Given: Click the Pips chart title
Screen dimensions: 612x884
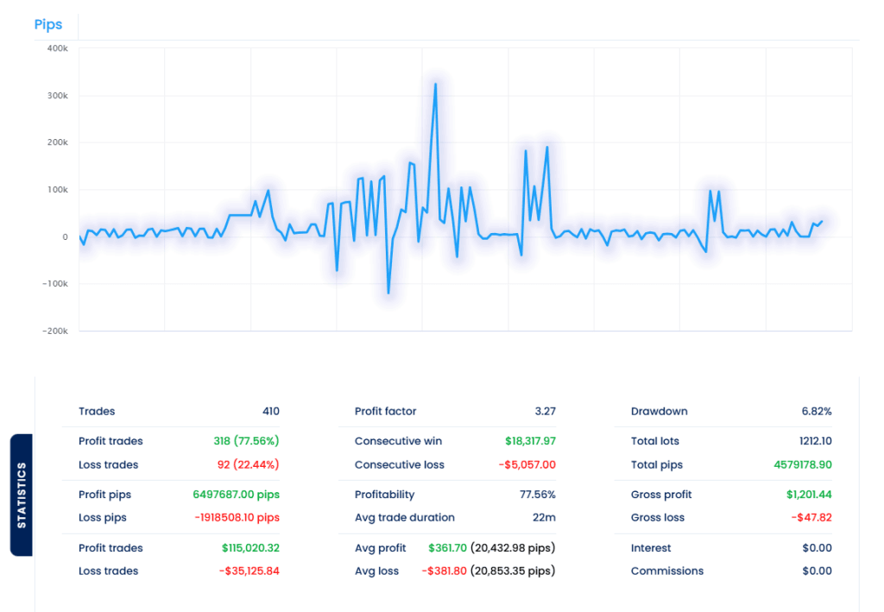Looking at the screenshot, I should click(48, 25).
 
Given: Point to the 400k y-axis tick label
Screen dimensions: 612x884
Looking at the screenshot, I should click(57, 48).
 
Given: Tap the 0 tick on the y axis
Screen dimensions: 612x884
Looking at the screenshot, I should click(65, 237).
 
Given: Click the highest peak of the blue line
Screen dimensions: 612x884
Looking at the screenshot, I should click(435, 85).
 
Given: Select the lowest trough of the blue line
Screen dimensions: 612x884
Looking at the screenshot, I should click(388, 293).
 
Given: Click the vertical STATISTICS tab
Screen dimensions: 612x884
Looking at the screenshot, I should click(22, 495).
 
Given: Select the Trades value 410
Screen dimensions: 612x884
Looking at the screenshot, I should click(270, 412).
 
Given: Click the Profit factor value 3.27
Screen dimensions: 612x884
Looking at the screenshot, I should click(545, 412).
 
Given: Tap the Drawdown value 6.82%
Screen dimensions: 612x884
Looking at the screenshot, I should click(816, 412).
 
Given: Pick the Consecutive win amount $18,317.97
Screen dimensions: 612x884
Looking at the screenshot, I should click(530, 441).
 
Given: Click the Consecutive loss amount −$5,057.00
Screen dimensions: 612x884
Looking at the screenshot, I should click(527, 464).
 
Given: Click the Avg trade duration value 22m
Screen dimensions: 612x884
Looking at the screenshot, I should click(544, 518).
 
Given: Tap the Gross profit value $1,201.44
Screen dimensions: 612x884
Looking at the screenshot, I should click(809, 495).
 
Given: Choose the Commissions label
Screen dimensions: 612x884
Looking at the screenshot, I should click(666, 571).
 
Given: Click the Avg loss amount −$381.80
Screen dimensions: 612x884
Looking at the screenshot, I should click(444, 571).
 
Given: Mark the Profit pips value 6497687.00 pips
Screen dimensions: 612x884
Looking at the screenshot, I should click(236, 495).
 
